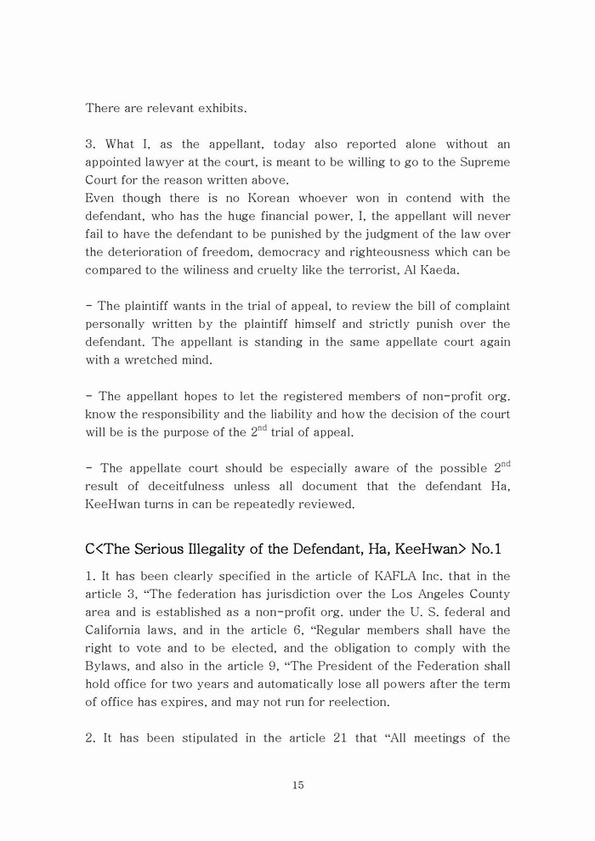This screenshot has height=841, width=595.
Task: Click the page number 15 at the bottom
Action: pyautogui.click(x=297, y=785)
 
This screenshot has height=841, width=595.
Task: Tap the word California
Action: pyautogui.click(x=117, y=629)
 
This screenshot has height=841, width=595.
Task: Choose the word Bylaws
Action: pyautogui.click(x=110, y=665)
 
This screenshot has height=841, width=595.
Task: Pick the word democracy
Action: pyautogui.click(x=286, y=251)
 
